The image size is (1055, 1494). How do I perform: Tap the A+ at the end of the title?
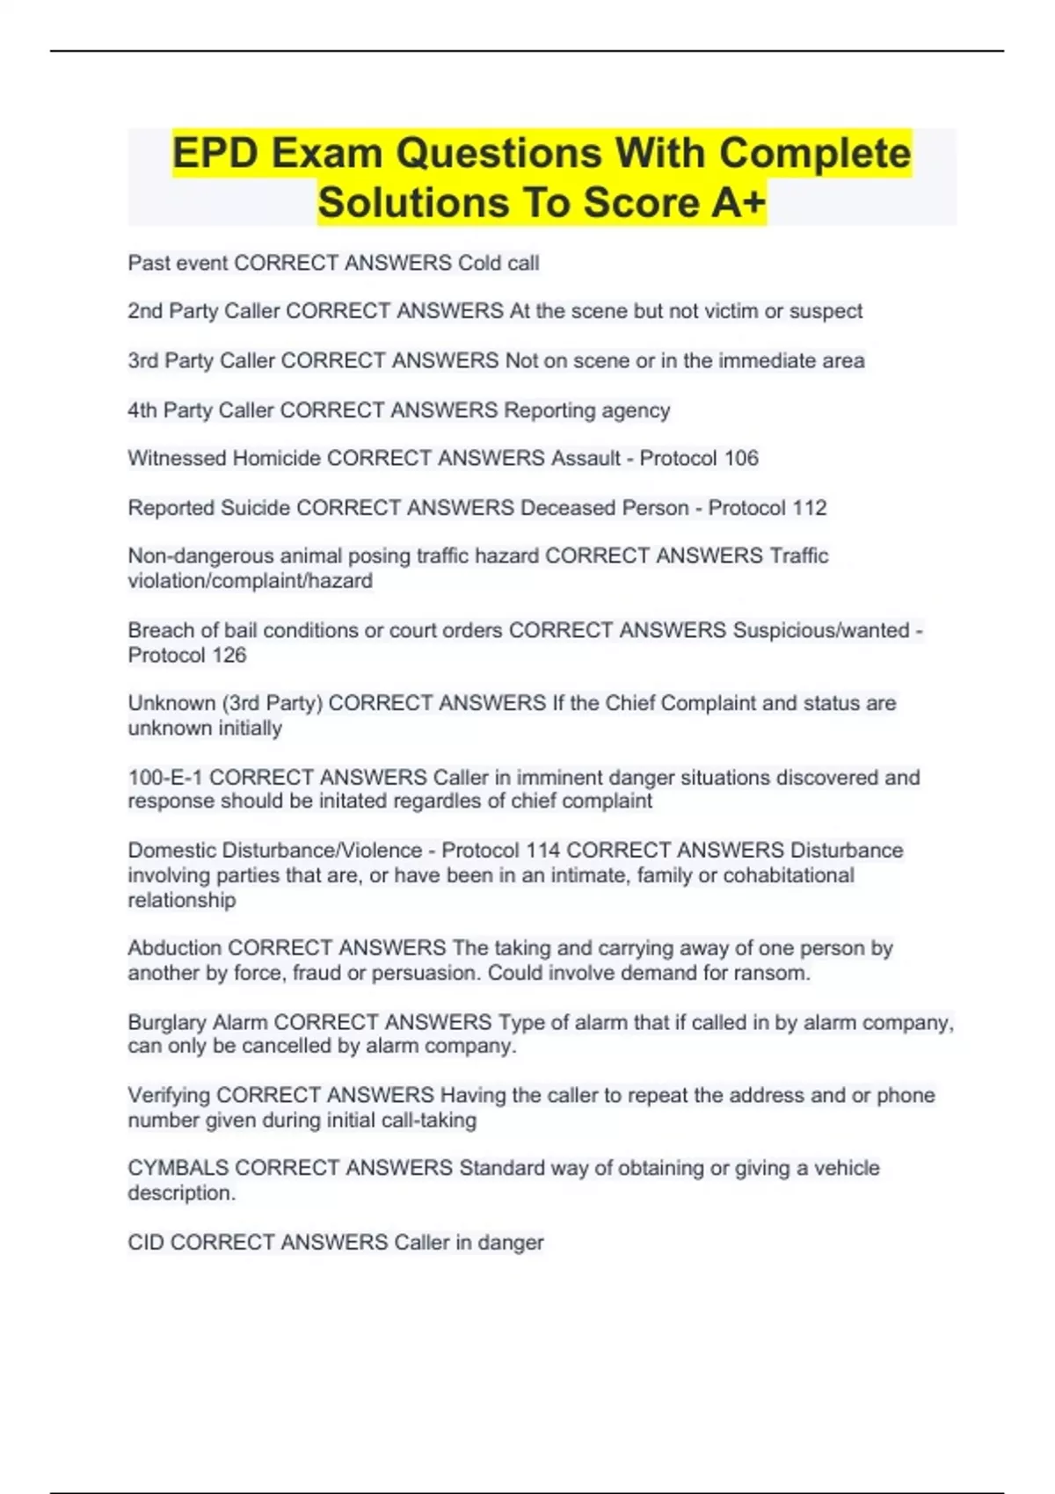point(738,203)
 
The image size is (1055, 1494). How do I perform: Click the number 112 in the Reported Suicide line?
point(809,508)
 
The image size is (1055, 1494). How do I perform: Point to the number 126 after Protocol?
point(228,655)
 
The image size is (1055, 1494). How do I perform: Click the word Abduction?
point(175,948)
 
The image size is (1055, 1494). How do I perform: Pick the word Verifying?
point(169,1095)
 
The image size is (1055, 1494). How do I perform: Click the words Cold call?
point(498,263)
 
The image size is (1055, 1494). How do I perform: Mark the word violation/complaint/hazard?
point(250,581)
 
